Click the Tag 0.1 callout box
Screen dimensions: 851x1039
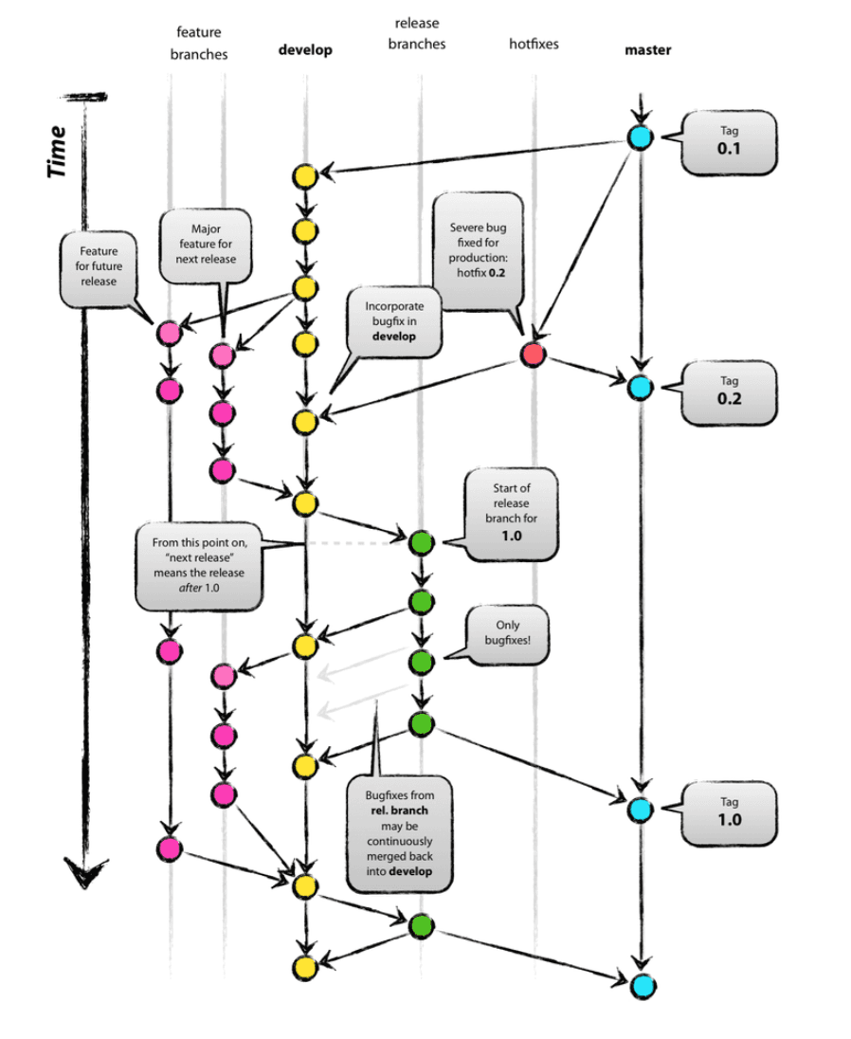point(729,142)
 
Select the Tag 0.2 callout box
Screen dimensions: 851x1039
point(729,392)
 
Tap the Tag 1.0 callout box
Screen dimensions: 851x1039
point(729,813)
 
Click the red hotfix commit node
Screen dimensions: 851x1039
point(534,355)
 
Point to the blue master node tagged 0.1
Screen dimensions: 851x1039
point(641,137)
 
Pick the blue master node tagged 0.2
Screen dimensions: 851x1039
point(641,388)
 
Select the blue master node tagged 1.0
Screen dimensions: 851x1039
point(641,810)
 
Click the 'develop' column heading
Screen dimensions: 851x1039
point(305,49)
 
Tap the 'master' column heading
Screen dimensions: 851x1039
point(647,49)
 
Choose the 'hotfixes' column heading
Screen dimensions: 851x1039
point(534,44)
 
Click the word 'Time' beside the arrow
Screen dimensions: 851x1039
point(58,152)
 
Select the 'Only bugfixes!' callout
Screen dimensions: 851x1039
point(507,634)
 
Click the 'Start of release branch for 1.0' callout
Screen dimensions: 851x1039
point(511,514)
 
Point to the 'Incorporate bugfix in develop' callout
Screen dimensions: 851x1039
point(394,322)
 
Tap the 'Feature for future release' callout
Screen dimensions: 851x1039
point(99,269)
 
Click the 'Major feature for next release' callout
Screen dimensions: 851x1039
point(206,246)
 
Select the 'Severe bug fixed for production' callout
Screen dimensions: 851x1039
point(479,252)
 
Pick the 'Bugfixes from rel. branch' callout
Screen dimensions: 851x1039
point(399,834)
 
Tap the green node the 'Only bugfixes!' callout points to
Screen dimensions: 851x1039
point(421,662)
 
